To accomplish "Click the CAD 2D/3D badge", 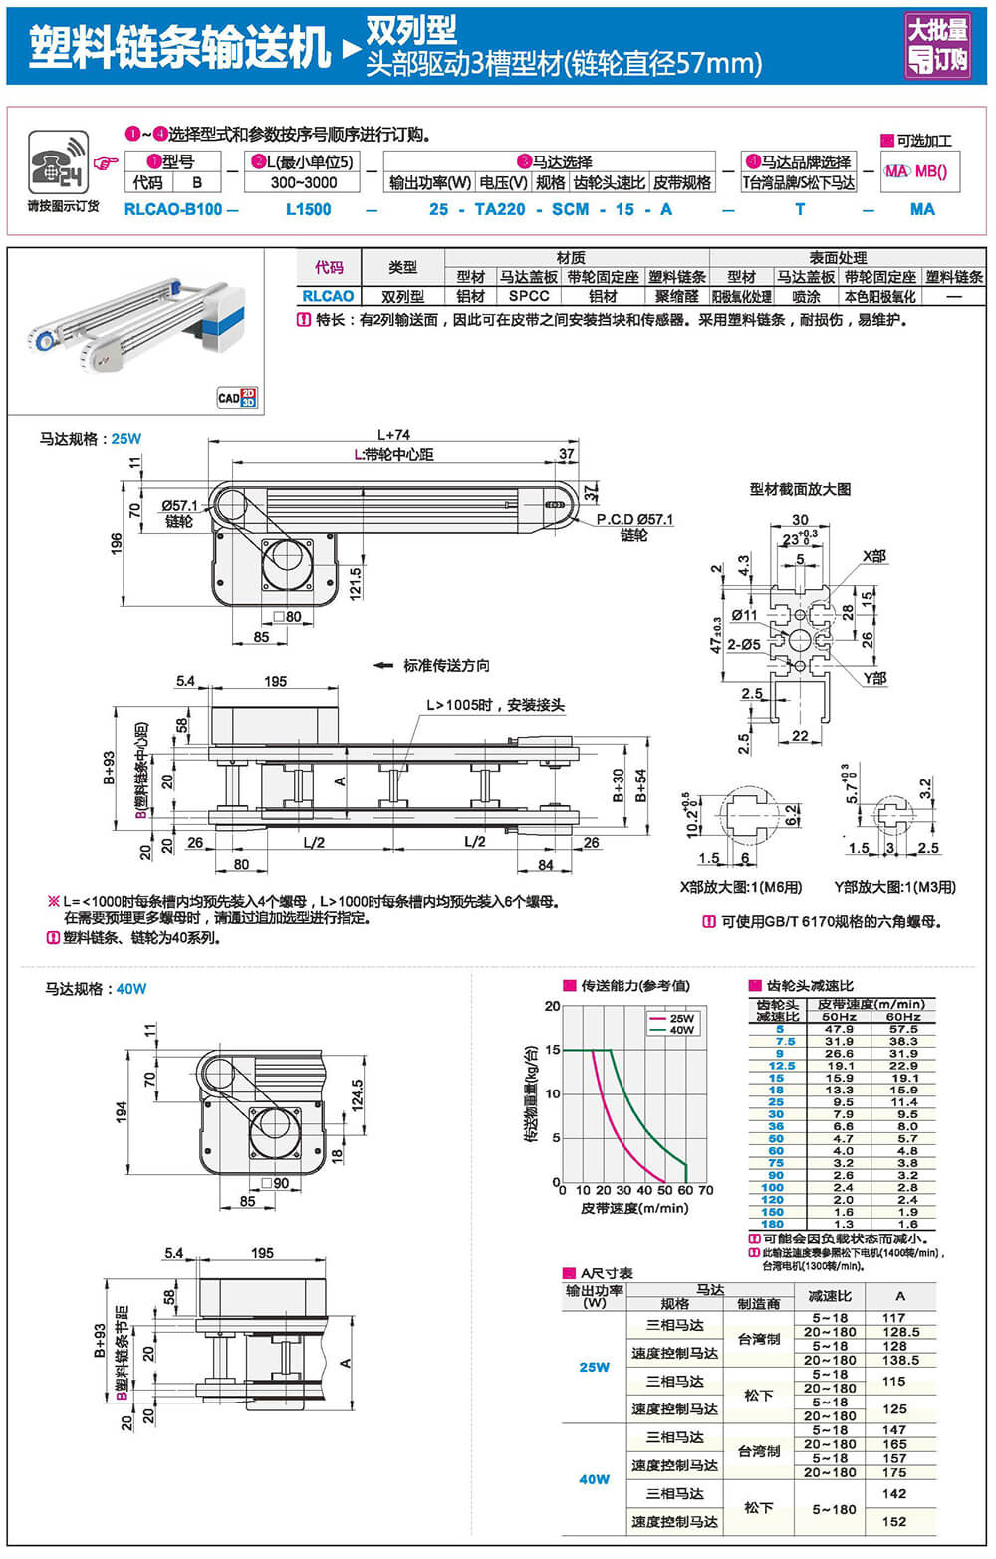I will pos(237,397).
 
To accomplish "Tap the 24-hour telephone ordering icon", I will pos(58,161).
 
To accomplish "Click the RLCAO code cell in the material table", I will pos(328,296).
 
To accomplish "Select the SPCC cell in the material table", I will pos(528,296).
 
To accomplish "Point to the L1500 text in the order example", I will pos(308,209).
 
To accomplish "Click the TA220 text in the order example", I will pos(499,209).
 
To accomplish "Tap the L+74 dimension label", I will pos(393,434).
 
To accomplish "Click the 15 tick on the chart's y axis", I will pos(553,1050).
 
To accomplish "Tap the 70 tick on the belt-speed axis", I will pos(706,1190).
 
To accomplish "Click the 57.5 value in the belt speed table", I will pos(903,1029).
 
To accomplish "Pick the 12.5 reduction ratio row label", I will pos(781,1066).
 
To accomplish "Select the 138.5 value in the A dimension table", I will pos(900,1360).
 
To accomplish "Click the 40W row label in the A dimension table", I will pos(594,1479).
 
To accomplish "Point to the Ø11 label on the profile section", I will pos(744,615).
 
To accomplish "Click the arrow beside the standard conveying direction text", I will pos(382,665).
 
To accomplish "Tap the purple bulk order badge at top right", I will pos(937,45).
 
